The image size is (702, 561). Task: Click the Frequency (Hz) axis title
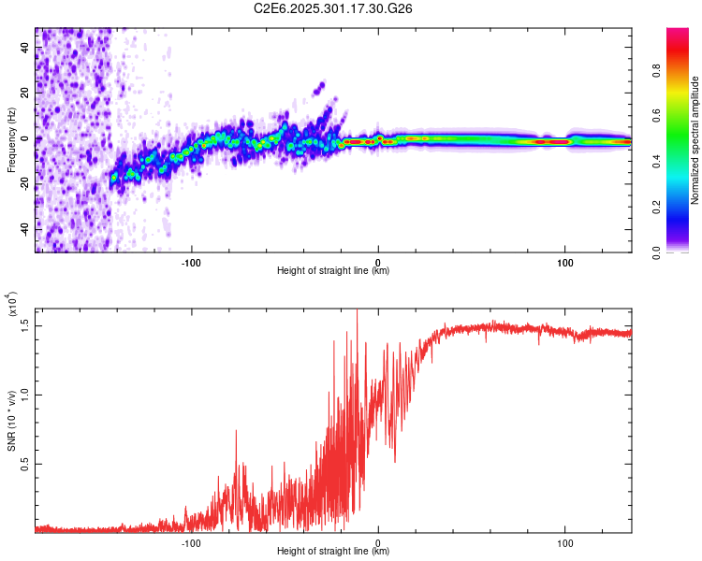pos(11,139)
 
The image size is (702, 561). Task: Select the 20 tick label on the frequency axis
pos(26,93)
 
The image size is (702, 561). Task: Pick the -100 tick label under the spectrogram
pos(192,260)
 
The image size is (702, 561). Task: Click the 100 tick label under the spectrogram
pos(564,260)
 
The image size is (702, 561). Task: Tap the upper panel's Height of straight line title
pos(333,271)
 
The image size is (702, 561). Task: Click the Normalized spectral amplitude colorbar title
pos(695,140)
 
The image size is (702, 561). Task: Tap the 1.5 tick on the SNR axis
pos(26,324)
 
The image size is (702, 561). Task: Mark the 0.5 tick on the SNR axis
pos(26,463)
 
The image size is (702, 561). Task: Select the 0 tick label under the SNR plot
pos(378,541)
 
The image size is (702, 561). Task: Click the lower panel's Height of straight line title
pos(333,552)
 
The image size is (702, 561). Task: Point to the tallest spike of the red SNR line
pos(357,312)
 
